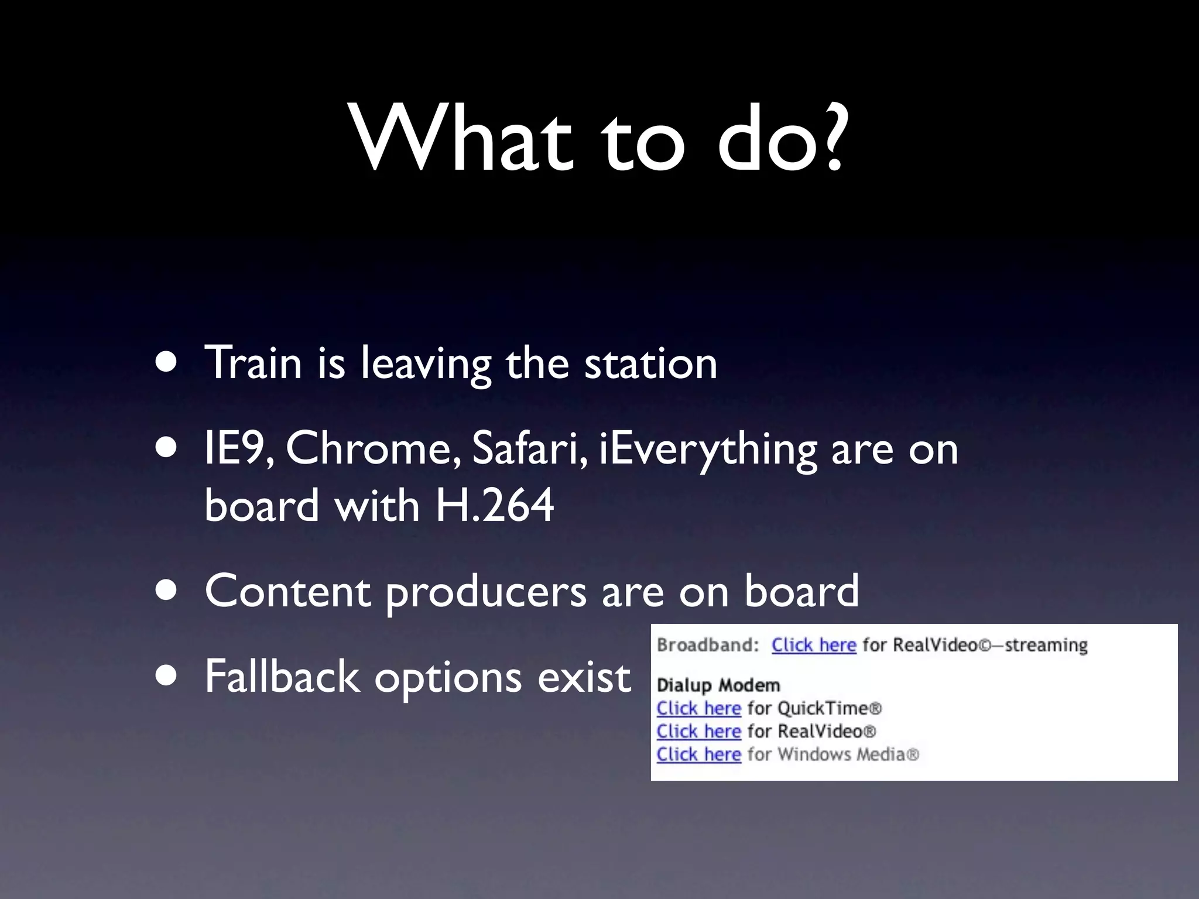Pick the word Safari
[x=530, y=448]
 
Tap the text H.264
[x=495, y=505]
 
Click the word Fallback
[x=281, y=677]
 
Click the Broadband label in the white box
[x=707, y=645]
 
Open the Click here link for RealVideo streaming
[x=813, y=645]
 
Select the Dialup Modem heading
[x=718, y=685]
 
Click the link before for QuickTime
[x=698, y=708]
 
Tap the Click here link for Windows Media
[x=698, y=754]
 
